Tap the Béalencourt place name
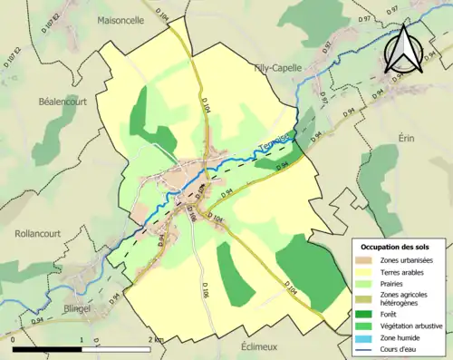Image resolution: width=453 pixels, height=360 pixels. pos(63,102)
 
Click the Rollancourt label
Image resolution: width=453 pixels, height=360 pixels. pos(37,233)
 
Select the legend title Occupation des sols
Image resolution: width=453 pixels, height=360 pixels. pos(399,246)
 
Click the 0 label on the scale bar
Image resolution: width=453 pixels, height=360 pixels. pos(14,340)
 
